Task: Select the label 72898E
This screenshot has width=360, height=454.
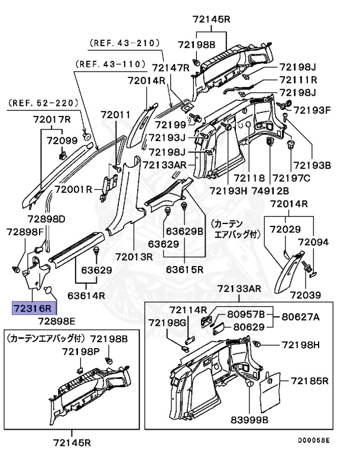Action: [x=57, y=322]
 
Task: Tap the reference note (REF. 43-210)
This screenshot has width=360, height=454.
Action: [x=125, y=44]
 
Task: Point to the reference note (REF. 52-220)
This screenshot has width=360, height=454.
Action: [x=43, y=102]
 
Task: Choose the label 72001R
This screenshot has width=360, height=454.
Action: [x=74, y=189]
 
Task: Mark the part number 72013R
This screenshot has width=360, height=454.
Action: [x=134, y=257]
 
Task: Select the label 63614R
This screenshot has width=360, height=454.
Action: [x=87, y=295]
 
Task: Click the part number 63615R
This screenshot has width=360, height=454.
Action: [x=184, y=270]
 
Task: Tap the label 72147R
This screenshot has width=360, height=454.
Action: [x=170, y=68]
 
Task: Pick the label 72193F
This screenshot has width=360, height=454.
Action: [x=313, y=110]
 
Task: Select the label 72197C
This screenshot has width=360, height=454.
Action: [x=291, y=178]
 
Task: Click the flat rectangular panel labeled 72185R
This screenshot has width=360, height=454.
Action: [x=271, y=390]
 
